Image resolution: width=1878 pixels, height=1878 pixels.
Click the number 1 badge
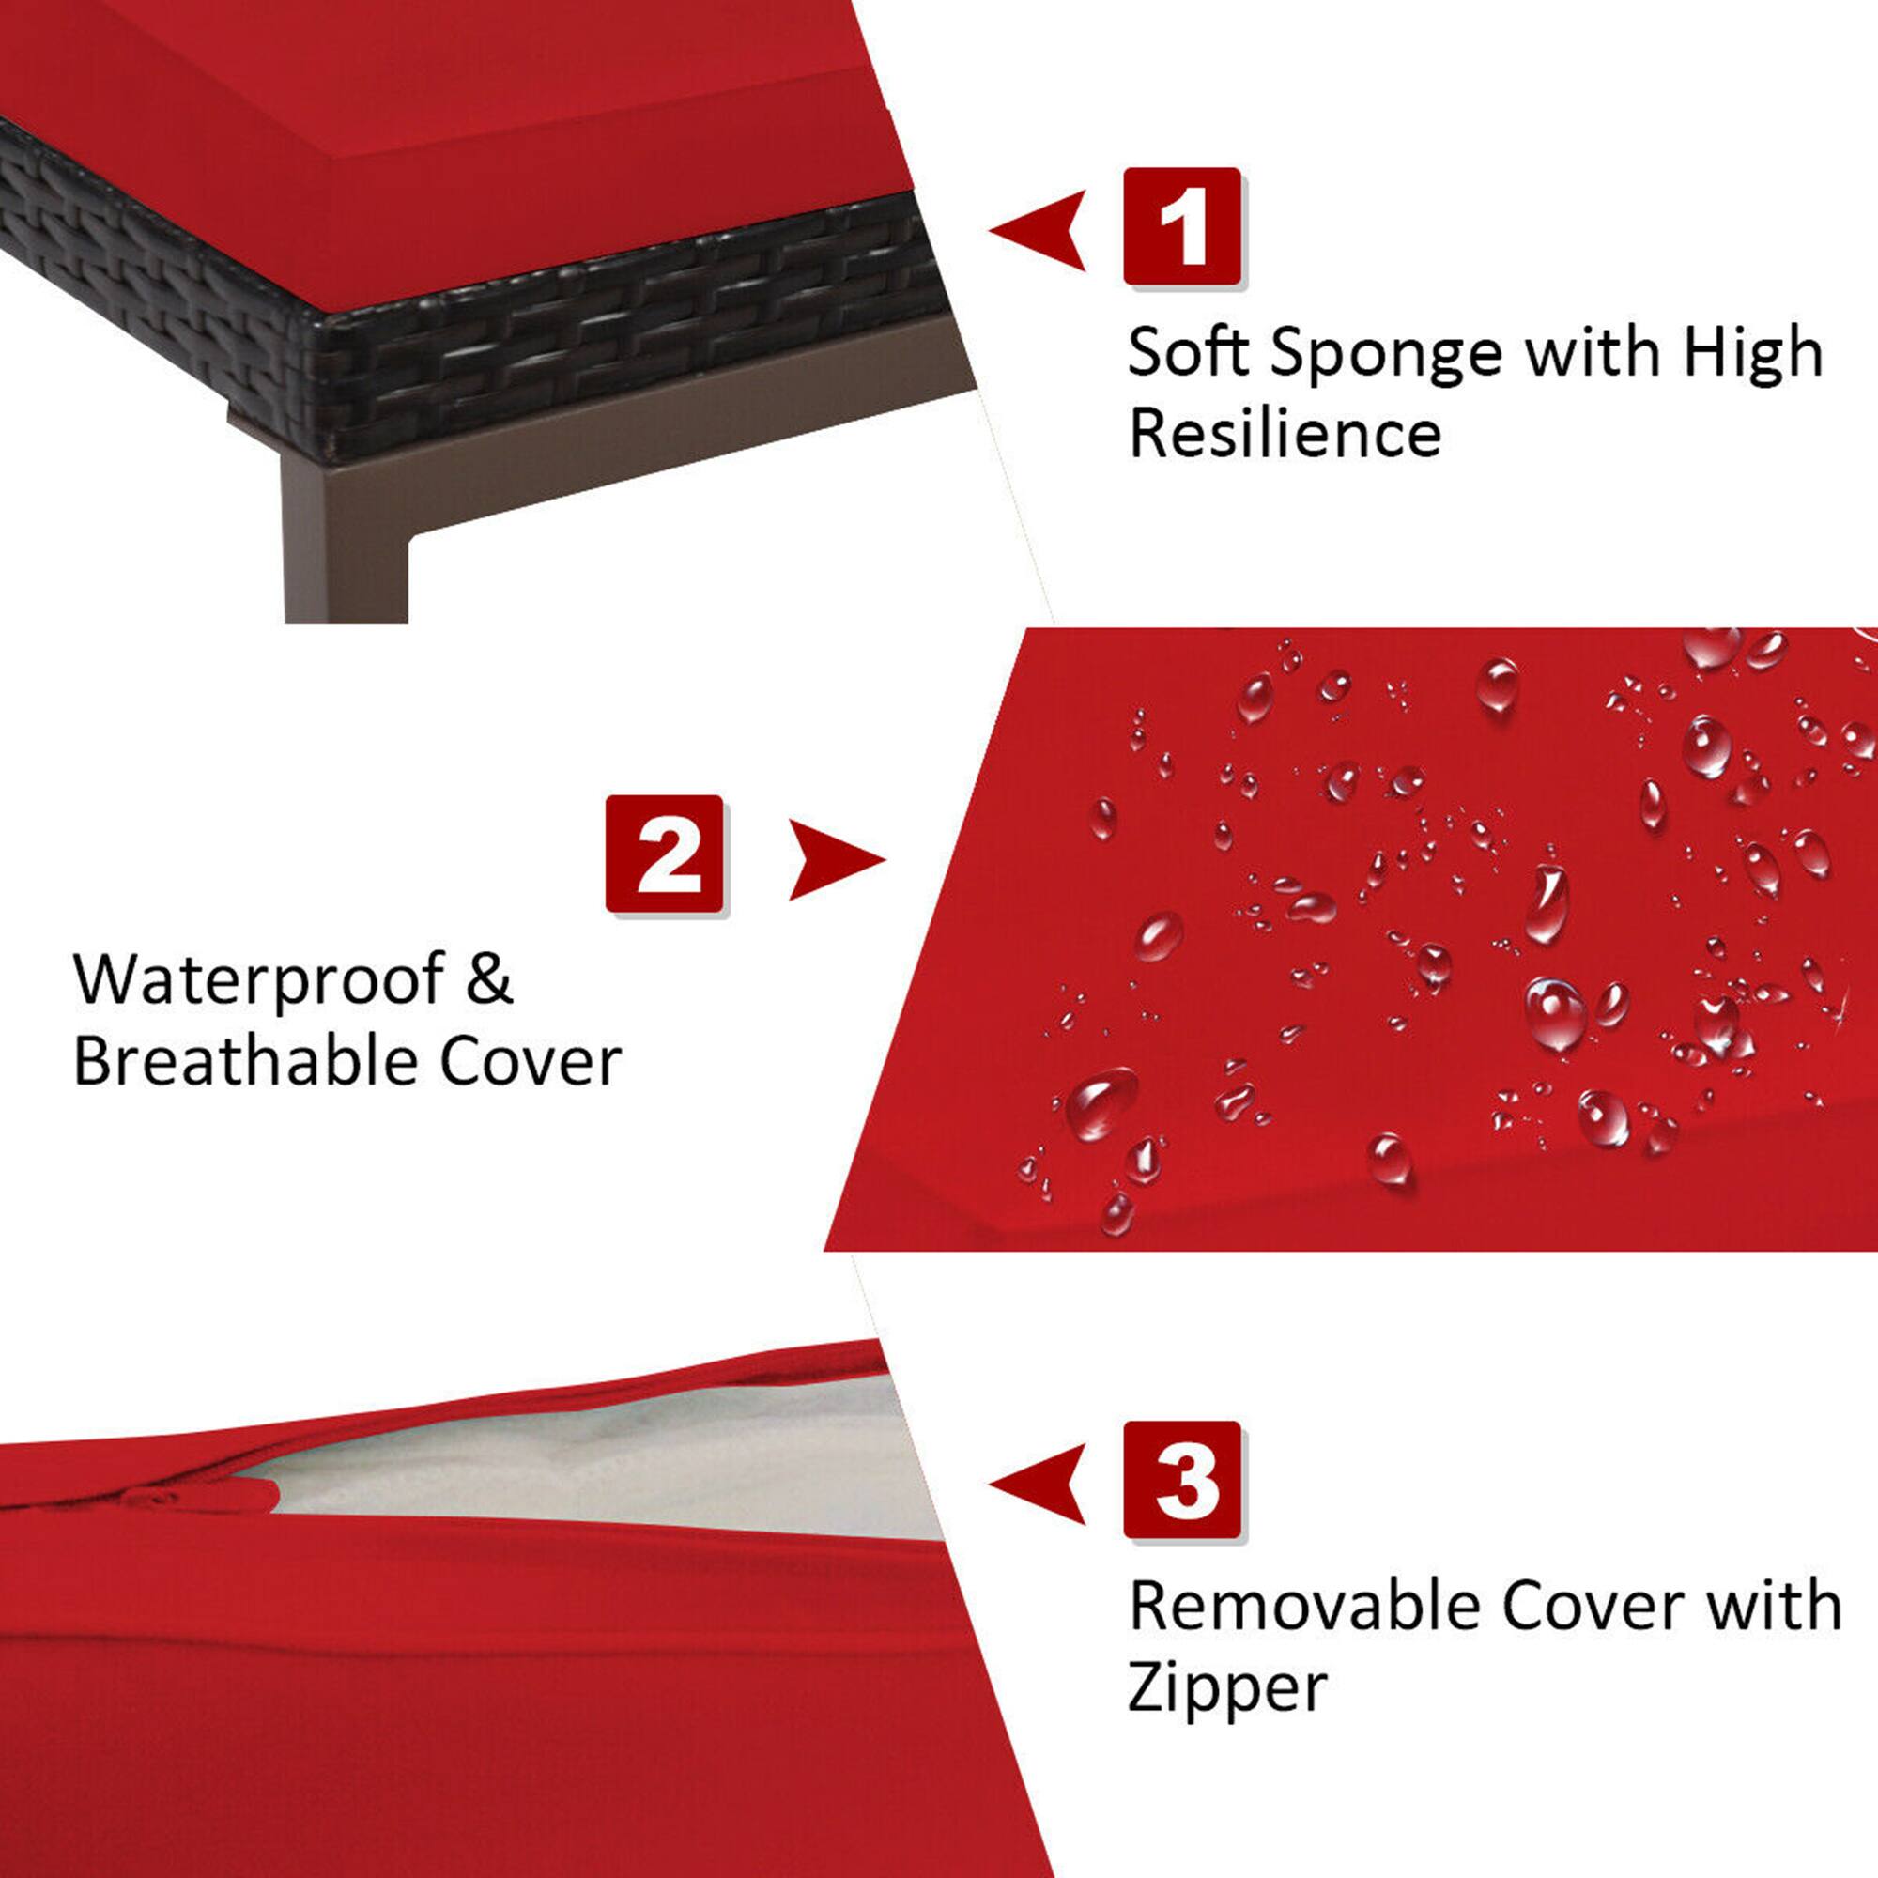point(1182,226)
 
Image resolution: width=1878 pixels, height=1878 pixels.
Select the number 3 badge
point(1182,1480)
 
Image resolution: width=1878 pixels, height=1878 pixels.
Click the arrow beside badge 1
point(1040,229)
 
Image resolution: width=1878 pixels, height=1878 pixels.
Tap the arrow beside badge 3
point(1040,1484)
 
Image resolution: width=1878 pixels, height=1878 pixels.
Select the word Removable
point(1304,1606)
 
